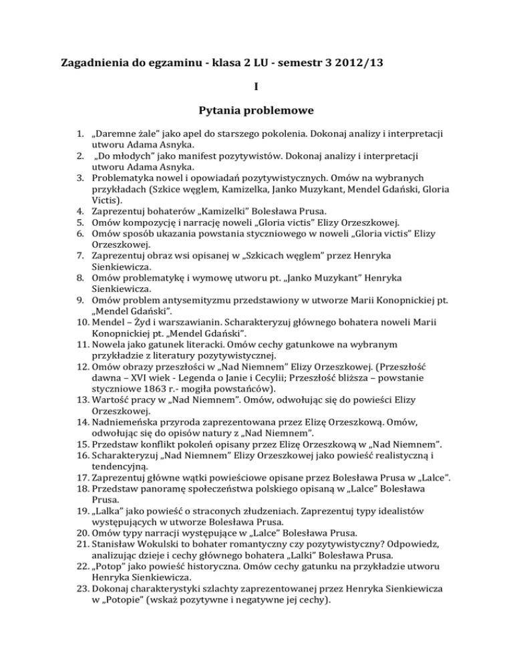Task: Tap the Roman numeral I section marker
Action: (256, 86)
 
